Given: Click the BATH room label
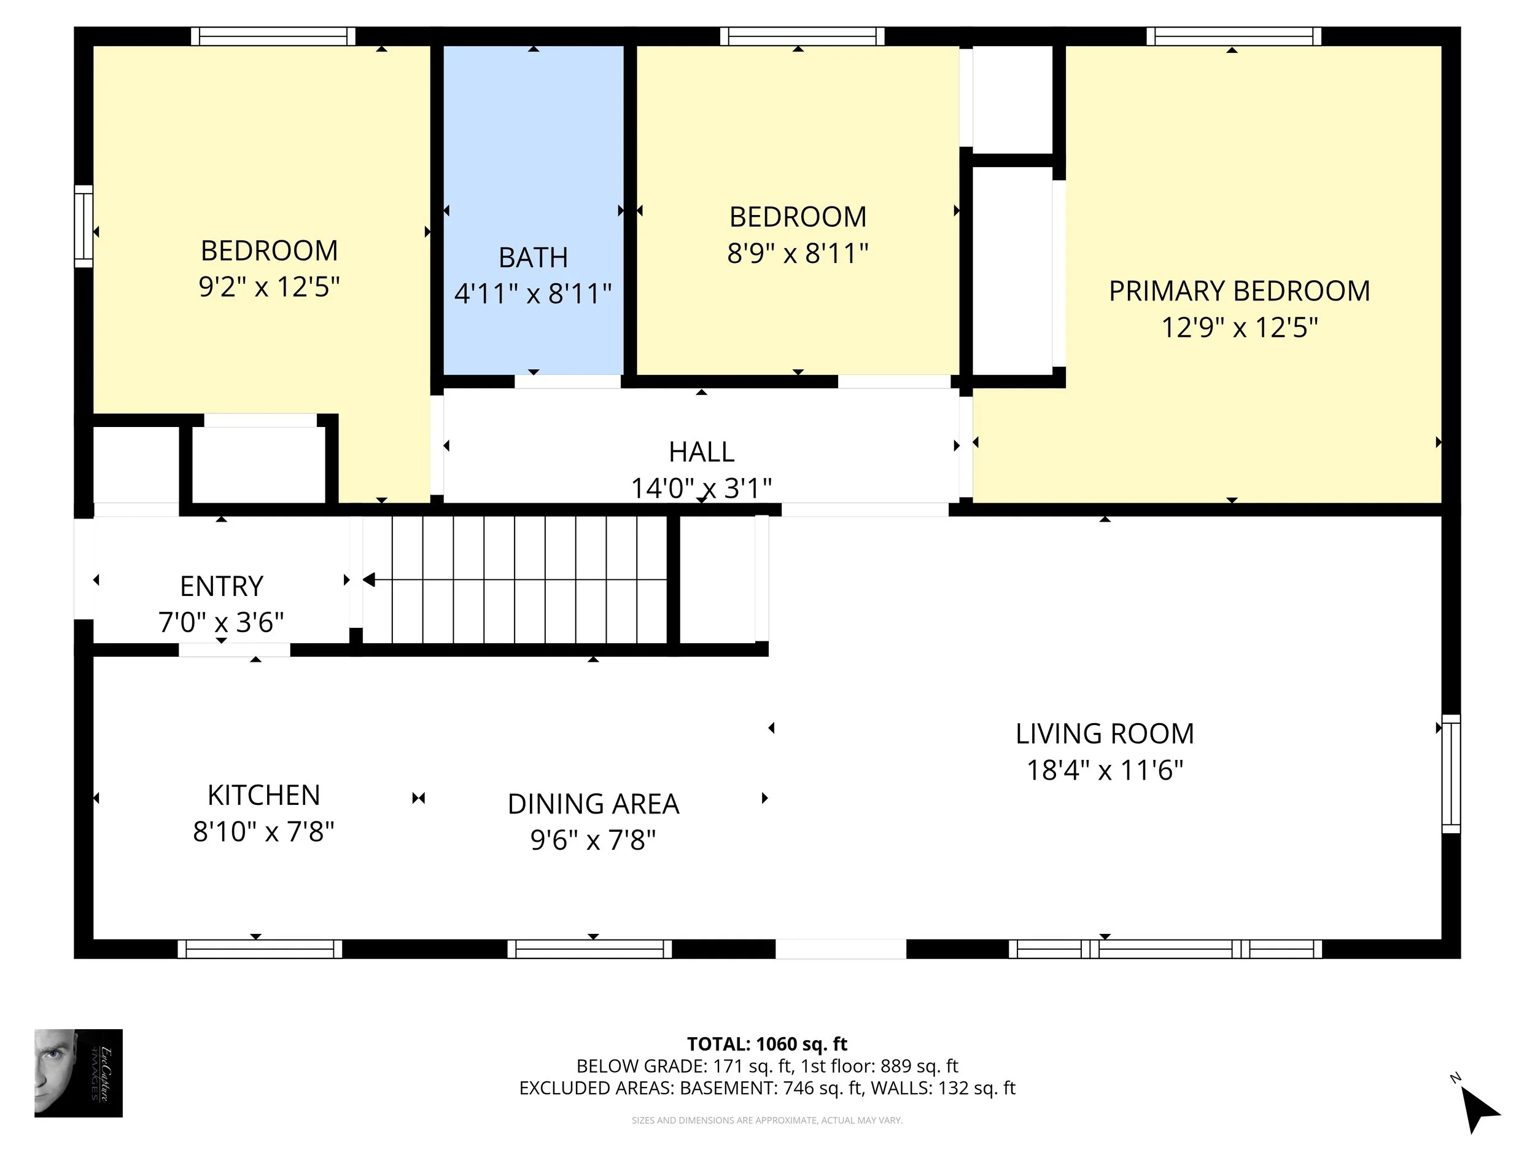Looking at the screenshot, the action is tap(533, 257).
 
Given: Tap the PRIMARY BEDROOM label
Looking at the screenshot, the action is tap(1240, 291).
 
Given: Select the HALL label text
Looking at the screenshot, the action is tap(701, 452).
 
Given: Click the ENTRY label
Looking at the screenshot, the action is tap(222, 586).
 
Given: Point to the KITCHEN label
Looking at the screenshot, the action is tap(263, 795).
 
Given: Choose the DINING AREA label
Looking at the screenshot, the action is tap(593, 804).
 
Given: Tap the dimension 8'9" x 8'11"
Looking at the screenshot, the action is tap(798, 254).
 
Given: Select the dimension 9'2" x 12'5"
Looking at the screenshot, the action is tap(270, 287).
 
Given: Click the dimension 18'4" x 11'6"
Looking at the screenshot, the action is tap(1105, 770).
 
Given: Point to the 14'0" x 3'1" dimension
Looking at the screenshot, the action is tap(701, 488).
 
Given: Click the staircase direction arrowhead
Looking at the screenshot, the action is tap(368, 579).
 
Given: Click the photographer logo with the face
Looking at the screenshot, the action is tap(79, 1073).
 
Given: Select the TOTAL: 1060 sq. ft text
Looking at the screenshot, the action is tap(767, 1044).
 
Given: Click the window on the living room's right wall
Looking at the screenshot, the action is tap(1451, 773).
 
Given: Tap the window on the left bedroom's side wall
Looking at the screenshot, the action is tap(84, 226).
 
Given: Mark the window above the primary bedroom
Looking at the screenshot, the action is tap(1233, 36).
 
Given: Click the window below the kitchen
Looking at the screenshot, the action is tap(260, 949).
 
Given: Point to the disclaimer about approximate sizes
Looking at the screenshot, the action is tap(767, 1120).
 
